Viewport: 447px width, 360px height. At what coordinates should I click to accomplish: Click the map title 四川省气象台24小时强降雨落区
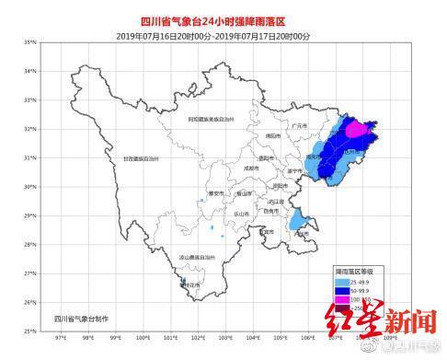pos(223,20)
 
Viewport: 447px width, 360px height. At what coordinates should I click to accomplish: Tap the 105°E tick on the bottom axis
pos(281,338)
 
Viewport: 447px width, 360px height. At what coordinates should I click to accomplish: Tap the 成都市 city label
pos(227,168)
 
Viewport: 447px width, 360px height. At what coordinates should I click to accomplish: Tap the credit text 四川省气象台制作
pos(87,318)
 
